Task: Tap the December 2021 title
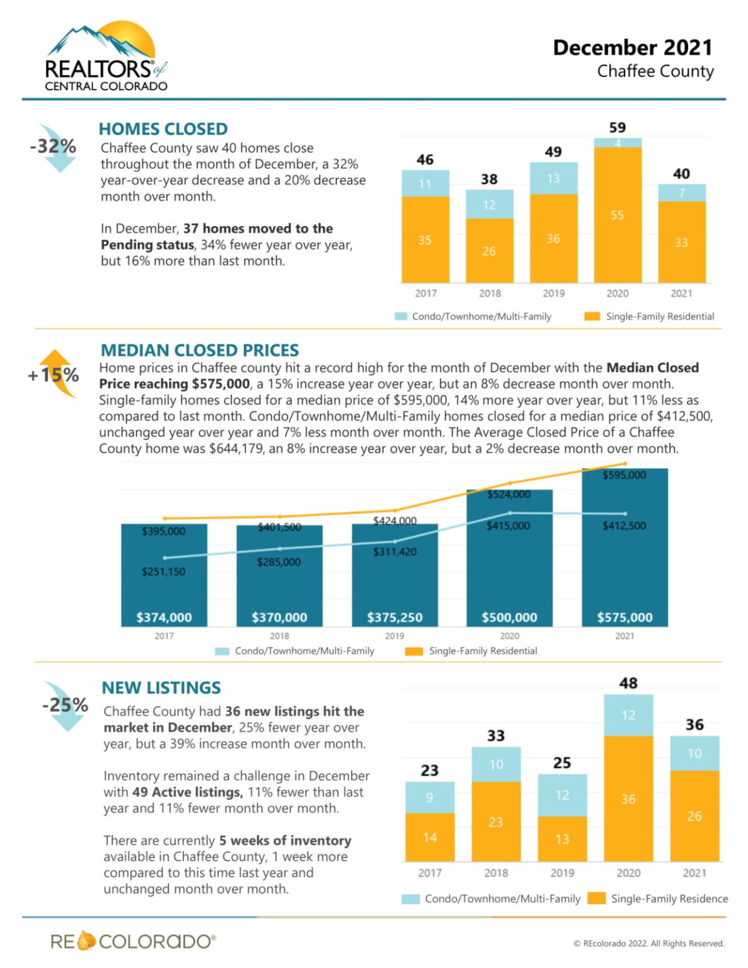(x=632, y=48)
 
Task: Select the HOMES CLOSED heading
(x=163, y=129)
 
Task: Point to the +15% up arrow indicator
(x=55, y=375)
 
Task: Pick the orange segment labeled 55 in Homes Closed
(x=617, y=215)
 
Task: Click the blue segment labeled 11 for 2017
(x=425, y=183)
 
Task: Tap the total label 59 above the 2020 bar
(x=617, y=127)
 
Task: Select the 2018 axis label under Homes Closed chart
(x=490, y=293)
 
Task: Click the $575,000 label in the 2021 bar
(x=624, y=617)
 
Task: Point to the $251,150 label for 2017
(x=163, y=572)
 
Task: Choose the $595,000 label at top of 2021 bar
(x=624, y=475)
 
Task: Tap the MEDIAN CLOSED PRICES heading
(x=200, y=350)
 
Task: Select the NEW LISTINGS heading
(x=161, y=688)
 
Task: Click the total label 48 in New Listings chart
(x=628, y=683)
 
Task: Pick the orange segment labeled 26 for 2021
(x=694, y=816)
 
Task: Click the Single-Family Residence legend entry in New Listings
(x=659, y=899)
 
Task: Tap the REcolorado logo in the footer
(x=133, y=942)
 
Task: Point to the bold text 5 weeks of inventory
(x=285, y=841)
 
